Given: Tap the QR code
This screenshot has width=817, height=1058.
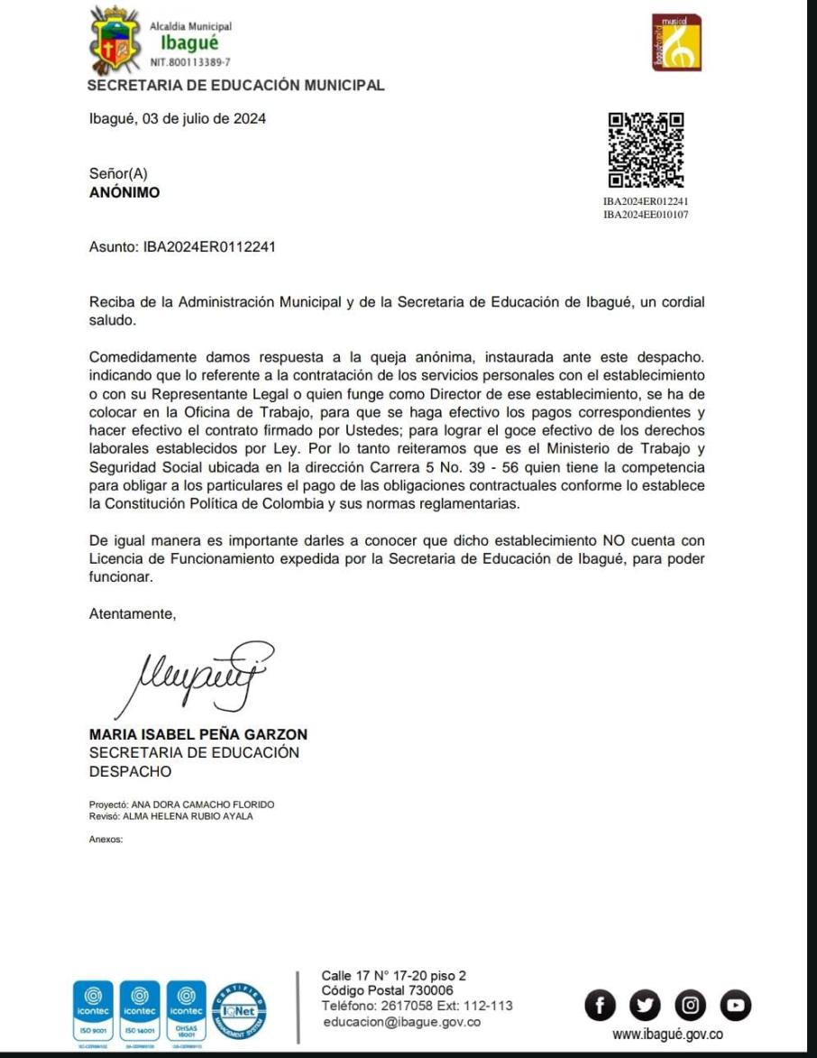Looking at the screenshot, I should tap(646, 150).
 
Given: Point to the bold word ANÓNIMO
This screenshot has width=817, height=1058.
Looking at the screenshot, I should tap(124, 192).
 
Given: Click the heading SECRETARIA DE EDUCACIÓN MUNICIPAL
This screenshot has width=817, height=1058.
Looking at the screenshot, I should tap(235, 86).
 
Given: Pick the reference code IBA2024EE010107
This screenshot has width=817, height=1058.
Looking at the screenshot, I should tap(646, 215).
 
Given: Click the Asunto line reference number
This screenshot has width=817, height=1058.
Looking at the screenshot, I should tap(209, 246).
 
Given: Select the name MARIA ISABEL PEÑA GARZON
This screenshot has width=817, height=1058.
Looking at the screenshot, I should tap(198, 734).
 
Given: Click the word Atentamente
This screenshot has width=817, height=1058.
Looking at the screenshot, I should tap(133, 614).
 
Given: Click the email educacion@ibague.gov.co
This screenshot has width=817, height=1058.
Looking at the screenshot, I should tap(401, 1022).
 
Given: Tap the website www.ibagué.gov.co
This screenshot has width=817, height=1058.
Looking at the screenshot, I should tap(667, 1035).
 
